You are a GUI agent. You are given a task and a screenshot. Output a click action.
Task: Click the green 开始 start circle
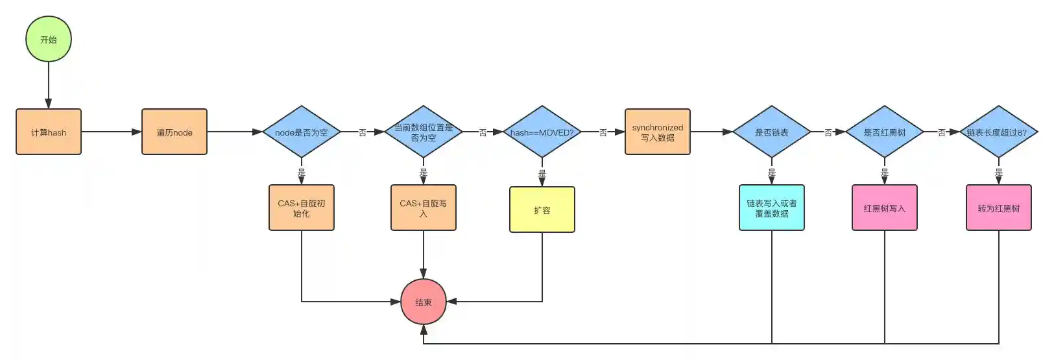[49, 40]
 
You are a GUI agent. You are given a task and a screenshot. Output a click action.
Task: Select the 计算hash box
[49, 132]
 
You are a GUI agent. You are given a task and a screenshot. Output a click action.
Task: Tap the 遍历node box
[174, 132]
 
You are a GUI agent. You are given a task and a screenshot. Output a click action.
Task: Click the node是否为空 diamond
[302, 132]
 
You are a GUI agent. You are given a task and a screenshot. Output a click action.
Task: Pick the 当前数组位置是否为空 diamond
[424, 132]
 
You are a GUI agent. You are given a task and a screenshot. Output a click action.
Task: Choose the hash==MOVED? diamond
[542, 132]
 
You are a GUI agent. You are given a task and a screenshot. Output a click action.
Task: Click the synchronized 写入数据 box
[658, 132]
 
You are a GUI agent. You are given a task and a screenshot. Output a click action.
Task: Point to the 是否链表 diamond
[772, 132]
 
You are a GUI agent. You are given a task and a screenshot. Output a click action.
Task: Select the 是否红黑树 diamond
[885, 132]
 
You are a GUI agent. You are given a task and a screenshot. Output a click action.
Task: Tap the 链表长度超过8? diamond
[998, 132]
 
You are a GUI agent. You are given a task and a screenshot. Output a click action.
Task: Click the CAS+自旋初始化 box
[302, 208]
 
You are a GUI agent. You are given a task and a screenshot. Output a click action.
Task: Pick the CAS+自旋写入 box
[424, 208]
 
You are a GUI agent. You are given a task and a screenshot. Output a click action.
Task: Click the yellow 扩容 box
[542, 210]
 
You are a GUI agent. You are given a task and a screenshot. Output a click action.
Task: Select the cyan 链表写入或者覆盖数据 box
[772, 208]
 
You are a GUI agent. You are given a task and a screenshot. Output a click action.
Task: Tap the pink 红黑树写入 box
[885, 208]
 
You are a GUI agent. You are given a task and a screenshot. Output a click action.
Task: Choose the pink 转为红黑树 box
[999, 208]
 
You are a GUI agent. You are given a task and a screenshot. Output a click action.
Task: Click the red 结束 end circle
[424, 302]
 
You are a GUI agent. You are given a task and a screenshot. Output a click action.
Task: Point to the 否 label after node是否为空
[363, 133]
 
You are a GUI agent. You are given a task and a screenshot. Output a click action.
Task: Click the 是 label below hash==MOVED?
[542, 174]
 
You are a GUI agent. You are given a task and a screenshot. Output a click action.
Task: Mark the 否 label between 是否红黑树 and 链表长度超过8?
[942, 133]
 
